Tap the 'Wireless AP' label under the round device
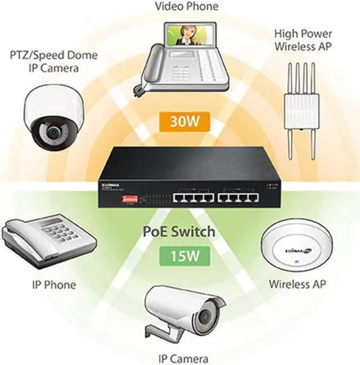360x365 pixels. click(296, 283)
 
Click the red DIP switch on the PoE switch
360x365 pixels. click(131, 197)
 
